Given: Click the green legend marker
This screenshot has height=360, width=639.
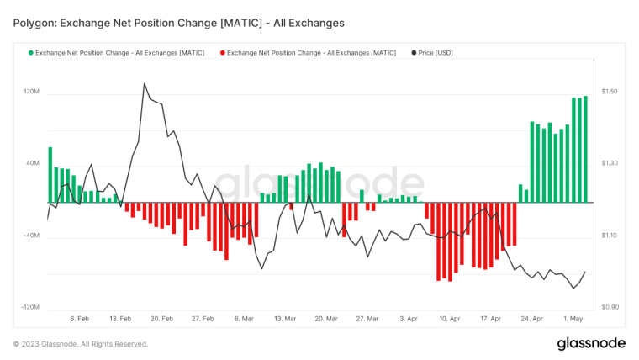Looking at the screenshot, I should tap(31, 53).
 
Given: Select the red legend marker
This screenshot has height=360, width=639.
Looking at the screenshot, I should tap(223, 53).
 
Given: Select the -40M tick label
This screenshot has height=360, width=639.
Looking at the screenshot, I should tap(32, 236).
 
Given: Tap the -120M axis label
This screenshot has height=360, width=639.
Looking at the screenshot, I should tap(30, 308).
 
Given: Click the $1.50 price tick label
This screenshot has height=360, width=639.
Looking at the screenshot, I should tap(610, 91).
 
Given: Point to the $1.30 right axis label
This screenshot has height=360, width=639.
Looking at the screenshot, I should tap(610, 163).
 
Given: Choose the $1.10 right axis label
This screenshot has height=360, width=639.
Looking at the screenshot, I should tap(610, 236).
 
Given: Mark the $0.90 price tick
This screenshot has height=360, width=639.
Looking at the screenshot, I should tap(610, 308).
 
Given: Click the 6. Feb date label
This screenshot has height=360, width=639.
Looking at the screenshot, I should tap(80, 320).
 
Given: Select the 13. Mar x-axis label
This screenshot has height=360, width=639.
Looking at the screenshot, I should tap(284, 320).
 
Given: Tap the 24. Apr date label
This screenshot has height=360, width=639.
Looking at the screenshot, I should tap(531, 320).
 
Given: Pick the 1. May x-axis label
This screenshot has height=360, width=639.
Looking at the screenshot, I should tap(573, 320).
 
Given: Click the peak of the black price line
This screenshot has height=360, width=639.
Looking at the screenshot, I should tap(145, 83).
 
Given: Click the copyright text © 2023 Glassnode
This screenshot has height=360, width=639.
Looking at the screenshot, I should tap(81, 344).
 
